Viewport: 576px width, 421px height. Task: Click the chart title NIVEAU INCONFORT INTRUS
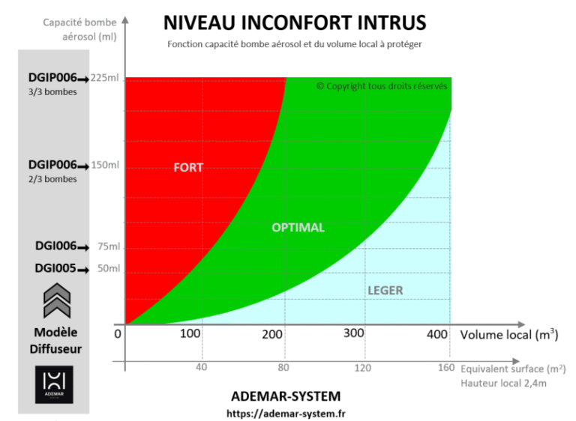(x=294, y=22)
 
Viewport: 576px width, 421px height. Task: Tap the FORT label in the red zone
(x=188, y=167)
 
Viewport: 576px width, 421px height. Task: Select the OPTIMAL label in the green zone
(x=298, y=227)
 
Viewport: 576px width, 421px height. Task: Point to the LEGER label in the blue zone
(x=385, y=290)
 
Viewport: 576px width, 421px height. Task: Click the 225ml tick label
(x=104, y=78)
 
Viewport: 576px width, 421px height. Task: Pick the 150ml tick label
(x=104, y=165)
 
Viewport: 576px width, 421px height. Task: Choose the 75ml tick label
(x=108, y=247)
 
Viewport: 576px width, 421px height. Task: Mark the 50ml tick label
(x=108, y=269)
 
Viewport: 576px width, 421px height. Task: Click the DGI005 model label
(x=55, y=268)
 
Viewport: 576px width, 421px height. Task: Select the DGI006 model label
(x=55, y=246)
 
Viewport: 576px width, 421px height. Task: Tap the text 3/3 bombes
(x=52, y=92)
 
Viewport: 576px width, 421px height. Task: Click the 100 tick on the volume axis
(x=190, y=333)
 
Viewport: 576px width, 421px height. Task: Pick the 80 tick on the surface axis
(x=284, y=368)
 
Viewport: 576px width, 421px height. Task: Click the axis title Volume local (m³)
(x=508, y=335)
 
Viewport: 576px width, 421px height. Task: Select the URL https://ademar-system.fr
(x=286, y=412)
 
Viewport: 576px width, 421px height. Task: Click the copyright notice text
(x=381, y=86)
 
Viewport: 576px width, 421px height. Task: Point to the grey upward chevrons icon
(x=55, y=303)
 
